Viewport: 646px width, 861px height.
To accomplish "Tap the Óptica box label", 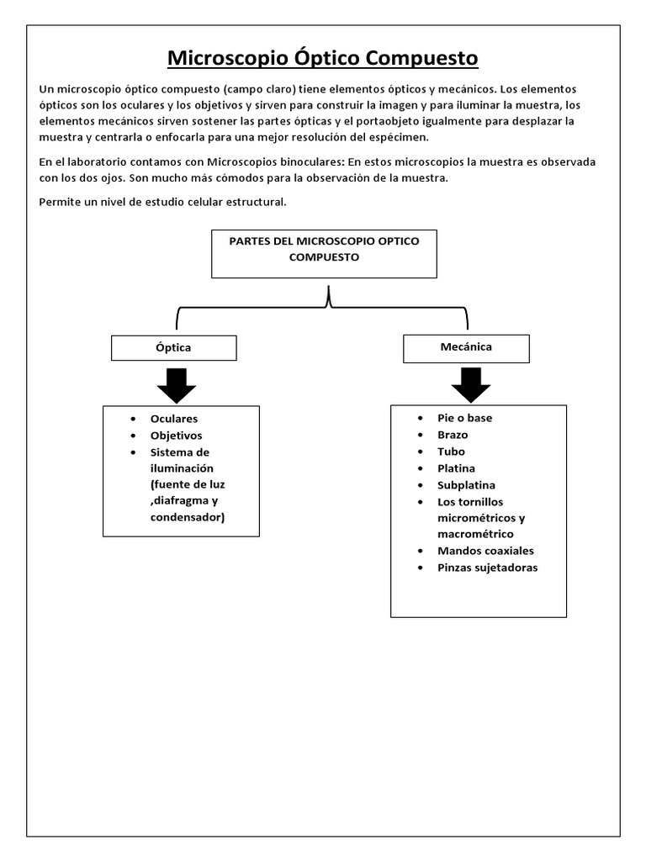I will click(174, 347).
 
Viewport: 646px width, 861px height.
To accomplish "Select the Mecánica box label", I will click(466, 346).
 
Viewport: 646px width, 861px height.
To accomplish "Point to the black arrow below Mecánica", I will click(470, 383).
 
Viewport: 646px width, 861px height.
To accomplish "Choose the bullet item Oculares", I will click(174, 419).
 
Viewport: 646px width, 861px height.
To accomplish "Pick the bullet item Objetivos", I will click(176, 436).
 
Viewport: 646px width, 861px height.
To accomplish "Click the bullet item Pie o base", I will click(465, 418).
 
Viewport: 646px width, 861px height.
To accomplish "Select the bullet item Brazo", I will click(453, 435).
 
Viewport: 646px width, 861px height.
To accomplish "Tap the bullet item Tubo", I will click(451, 452).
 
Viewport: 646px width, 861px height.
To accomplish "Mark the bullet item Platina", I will click(456, 468).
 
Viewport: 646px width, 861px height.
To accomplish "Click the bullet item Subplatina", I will click(466, 485).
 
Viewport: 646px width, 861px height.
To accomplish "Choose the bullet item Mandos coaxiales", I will click(485, 551).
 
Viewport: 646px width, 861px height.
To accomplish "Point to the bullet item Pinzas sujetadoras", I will click(487, 568).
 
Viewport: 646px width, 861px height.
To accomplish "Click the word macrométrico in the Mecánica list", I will click(475, 534).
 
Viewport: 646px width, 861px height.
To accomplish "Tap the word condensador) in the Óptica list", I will click(188, 517).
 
